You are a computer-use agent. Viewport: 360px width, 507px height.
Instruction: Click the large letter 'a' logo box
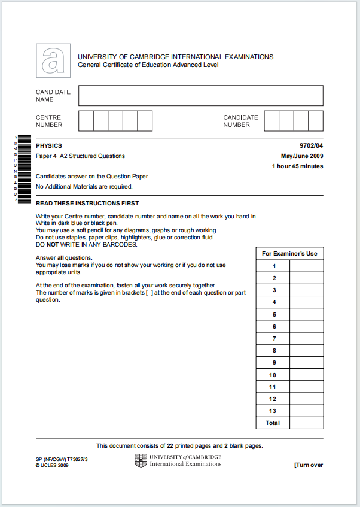tap(53, 60)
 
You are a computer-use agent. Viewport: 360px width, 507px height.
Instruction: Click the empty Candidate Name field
tap(200, 96)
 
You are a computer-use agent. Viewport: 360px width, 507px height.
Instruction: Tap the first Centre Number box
tap(86, 121)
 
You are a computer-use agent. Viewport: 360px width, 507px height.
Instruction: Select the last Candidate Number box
tap(316, 121)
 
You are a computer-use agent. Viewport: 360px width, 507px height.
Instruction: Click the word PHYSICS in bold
tap(49, 146)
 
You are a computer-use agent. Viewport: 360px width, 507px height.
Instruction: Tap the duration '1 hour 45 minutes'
tap(297, 166)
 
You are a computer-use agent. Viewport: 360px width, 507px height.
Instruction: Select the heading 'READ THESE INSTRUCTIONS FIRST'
tap(87, 204)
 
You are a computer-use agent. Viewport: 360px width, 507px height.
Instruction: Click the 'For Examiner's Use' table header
tap(289, 253)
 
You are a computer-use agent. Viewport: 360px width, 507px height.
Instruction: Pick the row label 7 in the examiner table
tap(274, 339)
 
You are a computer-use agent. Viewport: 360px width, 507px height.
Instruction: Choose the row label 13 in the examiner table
tap(273, 411)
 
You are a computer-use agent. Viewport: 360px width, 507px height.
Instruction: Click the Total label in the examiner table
tap(273, 423)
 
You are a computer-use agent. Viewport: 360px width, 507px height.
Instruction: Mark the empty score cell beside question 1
tap(306, 266)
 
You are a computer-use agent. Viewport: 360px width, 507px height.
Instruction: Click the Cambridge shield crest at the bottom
tap(141, 460)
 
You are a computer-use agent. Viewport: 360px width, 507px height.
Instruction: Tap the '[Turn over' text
tap(308, 465)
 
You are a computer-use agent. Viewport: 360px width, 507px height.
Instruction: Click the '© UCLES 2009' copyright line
tap(52, 466)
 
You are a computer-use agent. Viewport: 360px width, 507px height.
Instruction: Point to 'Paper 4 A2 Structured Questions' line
tap(80, 156)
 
